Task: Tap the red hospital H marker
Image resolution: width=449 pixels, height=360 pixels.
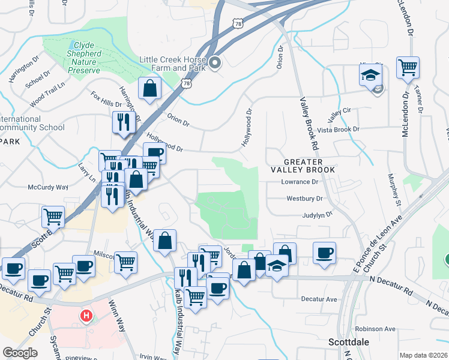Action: [86, 315]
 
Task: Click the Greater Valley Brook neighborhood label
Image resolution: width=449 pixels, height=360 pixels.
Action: [303, 166]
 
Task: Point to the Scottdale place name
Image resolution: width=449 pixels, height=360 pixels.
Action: [349, 342]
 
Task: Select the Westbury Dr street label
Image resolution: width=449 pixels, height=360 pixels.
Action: [305, 198]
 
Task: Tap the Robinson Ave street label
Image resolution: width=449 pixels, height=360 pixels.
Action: [375, 329]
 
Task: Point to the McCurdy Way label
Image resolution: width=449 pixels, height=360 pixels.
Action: [48, 187]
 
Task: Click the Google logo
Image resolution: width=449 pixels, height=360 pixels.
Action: [20, 353]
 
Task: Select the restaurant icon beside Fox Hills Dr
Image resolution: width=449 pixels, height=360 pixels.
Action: [122, 123]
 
